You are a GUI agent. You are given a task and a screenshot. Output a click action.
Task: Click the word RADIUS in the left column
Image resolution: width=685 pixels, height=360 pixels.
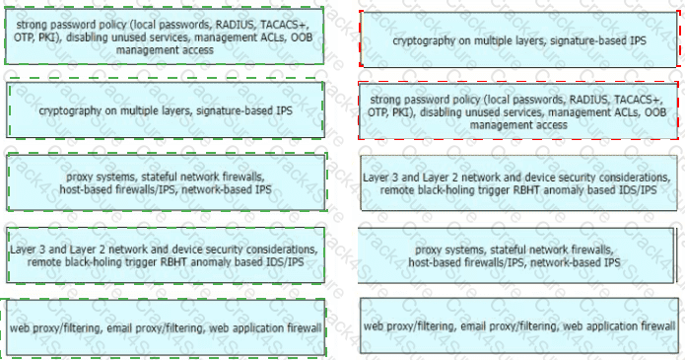coord(235,25)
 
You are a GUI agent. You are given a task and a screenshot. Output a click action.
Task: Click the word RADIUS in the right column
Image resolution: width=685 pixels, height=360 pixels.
coord(588,100)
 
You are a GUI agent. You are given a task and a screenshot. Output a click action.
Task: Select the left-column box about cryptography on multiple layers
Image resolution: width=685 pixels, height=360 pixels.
coord(166,110)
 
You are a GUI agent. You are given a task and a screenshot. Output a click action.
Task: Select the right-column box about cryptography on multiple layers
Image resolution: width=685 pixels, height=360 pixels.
coord(519,40)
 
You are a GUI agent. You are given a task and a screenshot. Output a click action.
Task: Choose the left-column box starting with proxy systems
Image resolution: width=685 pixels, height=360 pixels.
coord(166,182)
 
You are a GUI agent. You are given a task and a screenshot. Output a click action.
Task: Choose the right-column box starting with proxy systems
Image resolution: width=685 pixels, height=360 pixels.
coord(515,255)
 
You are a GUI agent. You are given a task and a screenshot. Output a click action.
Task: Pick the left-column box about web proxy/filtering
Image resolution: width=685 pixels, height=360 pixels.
coord(166,327)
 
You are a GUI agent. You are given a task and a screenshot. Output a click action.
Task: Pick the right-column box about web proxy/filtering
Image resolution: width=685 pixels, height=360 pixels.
coord(519,325)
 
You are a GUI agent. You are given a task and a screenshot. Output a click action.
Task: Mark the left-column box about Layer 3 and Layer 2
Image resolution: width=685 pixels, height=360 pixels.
coord(166,255)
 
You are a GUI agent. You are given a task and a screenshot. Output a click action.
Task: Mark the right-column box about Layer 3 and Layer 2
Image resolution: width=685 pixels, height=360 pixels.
coord(518,182)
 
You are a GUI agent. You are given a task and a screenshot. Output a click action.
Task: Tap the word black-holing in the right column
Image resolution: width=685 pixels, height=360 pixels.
coord(442,190)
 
